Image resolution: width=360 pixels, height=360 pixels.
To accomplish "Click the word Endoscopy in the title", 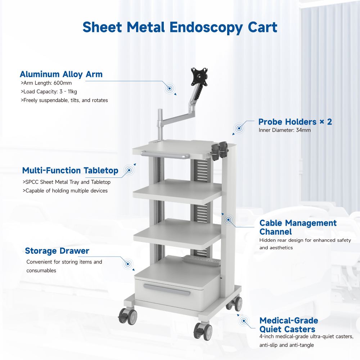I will click(x=206, y=28).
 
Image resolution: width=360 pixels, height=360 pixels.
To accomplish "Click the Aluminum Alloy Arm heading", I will click(x=61, y=75).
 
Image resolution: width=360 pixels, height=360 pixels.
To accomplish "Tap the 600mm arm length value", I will click(x=64, y=83).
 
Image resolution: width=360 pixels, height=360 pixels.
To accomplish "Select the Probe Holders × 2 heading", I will click(x=295, y=122).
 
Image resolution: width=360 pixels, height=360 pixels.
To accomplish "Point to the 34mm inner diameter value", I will click(x=302, y=130).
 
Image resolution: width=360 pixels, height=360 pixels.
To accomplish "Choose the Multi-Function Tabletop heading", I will click(x=70, y=170).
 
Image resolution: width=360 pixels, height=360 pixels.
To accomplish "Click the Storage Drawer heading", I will click(x=57, y=251).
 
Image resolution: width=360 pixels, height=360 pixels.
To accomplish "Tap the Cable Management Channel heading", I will click(x=298, y=227).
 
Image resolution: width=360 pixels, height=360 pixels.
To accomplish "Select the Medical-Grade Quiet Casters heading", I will click(x=289, y=325).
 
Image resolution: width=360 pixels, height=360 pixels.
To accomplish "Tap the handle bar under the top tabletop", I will click(x=165, y=155).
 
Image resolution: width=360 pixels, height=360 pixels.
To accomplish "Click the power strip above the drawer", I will click(x=201, y=260).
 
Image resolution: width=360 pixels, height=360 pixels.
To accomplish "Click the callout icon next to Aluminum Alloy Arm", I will click(x=169, y=88).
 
